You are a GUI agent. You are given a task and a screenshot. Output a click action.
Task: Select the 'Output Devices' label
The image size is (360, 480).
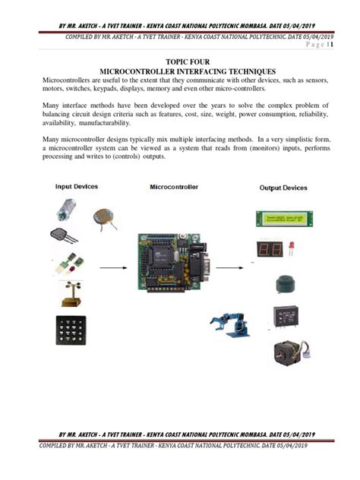tap(285, 188)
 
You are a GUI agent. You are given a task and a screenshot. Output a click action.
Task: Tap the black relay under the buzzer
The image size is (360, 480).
tap(287, 317)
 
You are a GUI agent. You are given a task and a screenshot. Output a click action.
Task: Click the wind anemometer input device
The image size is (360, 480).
tap(71, 291)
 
